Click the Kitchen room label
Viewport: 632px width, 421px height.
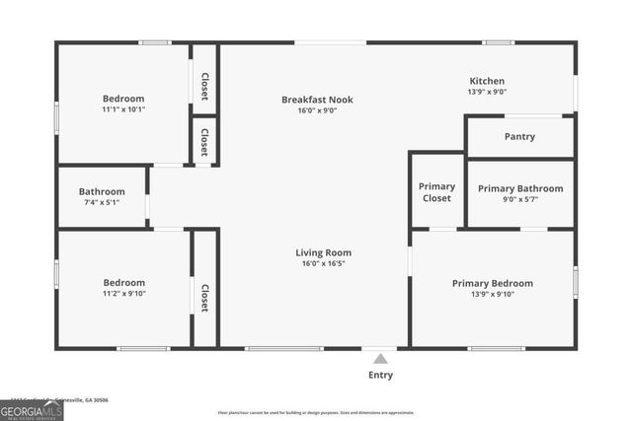pos(487,81)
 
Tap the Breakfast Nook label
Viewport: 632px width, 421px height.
pos(317,100)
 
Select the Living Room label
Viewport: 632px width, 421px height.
pos(323,252)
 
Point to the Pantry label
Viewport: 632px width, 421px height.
pos(519,137)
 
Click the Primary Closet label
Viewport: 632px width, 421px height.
pos(436,192)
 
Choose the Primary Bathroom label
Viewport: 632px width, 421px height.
pos(520,188)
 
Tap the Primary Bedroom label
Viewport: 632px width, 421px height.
pos(492,283)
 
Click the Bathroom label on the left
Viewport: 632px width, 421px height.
pos(102,191)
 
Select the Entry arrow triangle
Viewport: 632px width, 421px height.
pos(380,359)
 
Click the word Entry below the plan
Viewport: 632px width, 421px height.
pos(380,375)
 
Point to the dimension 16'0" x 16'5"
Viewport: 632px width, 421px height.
pos(323,263)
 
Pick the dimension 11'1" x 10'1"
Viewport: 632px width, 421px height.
pos(123,109)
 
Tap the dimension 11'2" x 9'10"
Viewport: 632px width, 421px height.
pos(123,293)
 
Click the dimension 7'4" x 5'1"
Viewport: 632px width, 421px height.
pos(102,202)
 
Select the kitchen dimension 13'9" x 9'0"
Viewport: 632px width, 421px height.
pos(487,92)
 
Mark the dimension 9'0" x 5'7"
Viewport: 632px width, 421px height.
pos(520,199)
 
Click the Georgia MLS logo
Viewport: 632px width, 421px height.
pos(32,410)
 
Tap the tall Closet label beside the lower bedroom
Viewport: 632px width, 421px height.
pos(204,299)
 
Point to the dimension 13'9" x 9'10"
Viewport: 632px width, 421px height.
pos(492,294)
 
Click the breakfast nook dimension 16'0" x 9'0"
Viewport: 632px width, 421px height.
pos(317,110)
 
